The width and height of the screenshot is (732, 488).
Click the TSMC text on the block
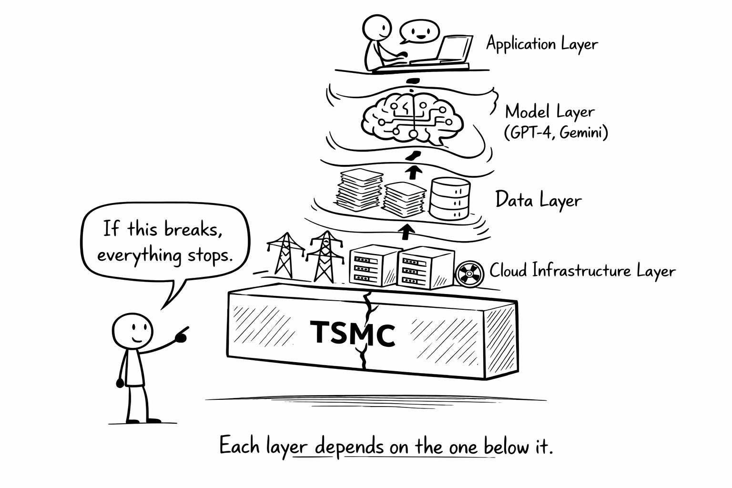tap(353, 333)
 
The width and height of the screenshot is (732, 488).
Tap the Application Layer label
tap(541, 44)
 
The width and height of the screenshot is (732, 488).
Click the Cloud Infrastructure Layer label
tap(582, 271)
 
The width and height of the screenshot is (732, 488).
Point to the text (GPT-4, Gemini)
tap(556, 132)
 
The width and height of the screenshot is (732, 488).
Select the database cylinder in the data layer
tap(450, 199)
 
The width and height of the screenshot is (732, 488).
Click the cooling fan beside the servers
tap(467, 274)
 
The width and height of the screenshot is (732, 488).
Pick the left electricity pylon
tap(285, 254)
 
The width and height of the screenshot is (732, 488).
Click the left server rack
tap(373, 267)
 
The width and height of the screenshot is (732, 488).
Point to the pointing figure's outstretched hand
tap(181, 335)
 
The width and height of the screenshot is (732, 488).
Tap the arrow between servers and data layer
tap(406, 232)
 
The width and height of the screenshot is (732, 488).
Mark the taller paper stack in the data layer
tap(360, 190)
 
